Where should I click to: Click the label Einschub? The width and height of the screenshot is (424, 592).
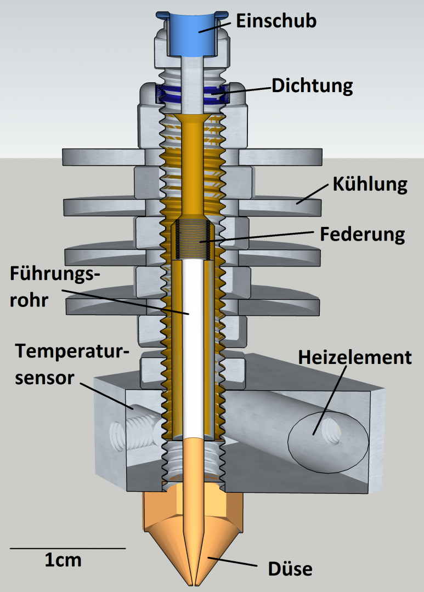pos(276,21)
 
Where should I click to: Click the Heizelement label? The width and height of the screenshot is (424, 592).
pos(354,358)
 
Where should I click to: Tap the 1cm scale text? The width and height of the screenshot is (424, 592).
pos(63,560)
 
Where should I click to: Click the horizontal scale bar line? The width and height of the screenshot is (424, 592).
pos(67,548)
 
